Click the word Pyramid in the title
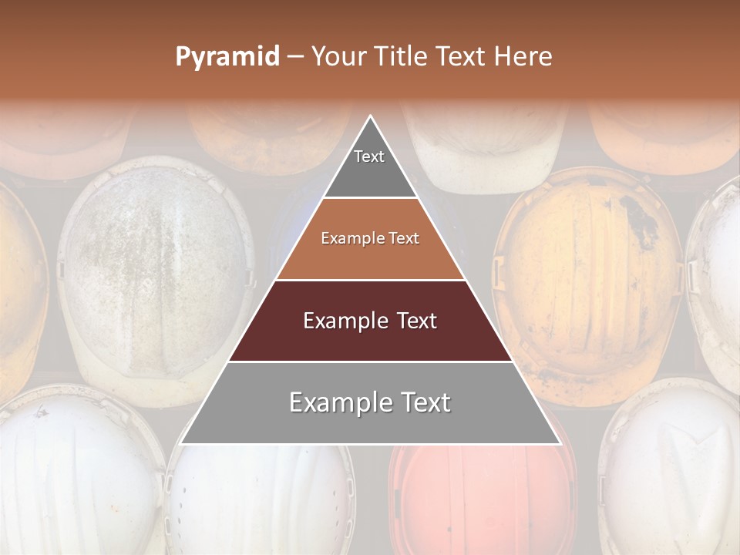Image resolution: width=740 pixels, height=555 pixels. coord(227,57)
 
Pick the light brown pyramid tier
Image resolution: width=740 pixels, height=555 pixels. coord(370,239)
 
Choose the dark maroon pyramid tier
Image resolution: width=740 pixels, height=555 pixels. coord(370,321)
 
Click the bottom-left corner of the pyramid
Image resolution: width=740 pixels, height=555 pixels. coord(181,443)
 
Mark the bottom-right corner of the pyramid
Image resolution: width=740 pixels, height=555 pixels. coord(560,443)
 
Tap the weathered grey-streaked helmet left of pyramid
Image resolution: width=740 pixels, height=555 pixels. coord(154,277)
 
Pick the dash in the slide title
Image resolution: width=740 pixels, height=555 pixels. coord(294,57)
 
